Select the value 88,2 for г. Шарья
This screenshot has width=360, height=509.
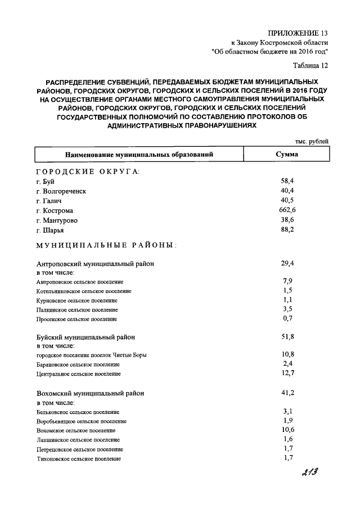point(287,229)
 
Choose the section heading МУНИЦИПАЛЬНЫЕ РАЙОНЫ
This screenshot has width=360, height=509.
point(106,245)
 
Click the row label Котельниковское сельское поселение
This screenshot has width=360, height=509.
point(83,291)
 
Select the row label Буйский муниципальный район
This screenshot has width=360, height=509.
point(85,337)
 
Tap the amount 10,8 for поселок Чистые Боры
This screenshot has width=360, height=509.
point(287,354)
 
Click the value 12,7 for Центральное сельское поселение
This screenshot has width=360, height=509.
point(287,373)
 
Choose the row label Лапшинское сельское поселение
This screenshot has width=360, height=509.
point(77,439)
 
